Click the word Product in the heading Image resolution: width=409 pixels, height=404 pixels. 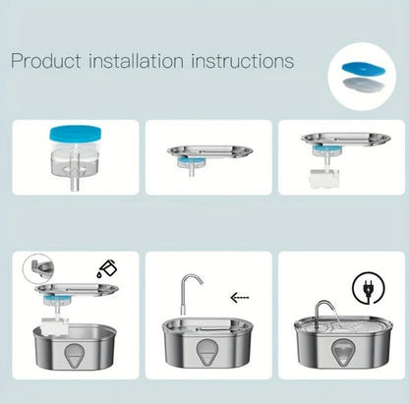coord(46,61)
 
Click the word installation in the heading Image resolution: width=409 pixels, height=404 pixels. coord(136,61)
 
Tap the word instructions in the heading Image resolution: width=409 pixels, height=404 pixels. coord(243,61)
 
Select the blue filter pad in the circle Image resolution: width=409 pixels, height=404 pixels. coord(363,69)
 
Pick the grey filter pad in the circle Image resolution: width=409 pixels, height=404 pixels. coord(363,84)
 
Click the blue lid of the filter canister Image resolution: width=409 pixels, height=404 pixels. coord(75,134)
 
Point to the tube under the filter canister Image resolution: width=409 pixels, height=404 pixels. coord(75,183)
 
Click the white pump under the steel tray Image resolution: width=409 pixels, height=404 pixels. coord(323,178)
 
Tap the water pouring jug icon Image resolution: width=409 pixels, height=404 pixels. coord(106,268)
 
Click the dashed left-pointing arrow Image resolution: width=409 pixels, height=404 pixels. coord(240,298)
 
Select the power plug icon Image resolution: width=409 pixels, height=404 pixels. coord(368,289)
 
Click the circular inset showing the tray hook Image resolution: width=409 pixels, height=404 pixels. coord(38,269)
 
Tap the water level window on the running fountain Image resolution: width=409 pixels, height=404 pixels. coord(342,352)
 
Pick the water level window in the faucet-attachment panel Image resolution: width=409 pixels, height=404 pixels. coord(207,352)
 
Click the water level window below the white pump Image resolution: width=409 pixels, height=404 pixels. coord(75,356)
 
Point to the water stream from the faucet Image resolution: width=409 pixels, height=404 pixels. coord(336,316)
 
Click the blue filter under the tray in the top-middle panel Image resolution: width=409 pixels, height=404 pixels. coord(191,161)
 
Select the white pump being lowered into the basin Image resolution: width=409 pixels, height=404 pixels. coord(55,326)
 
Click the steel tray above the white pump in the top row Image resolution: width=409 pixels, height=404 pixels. coord(346,139)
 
